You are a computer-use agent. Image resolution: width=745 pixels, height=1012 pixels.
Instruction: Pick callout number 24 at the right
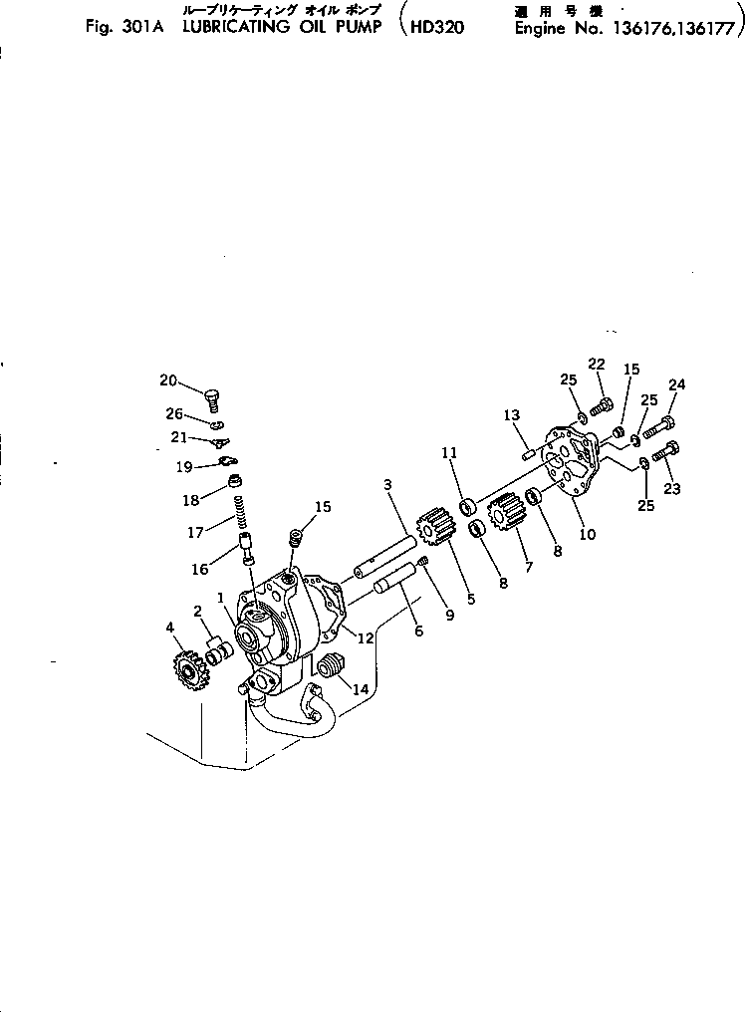(x=677, y=384)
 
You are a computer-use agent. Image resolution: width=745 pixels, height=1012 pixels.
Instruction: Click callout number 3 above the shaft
(x=388, y=484)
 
